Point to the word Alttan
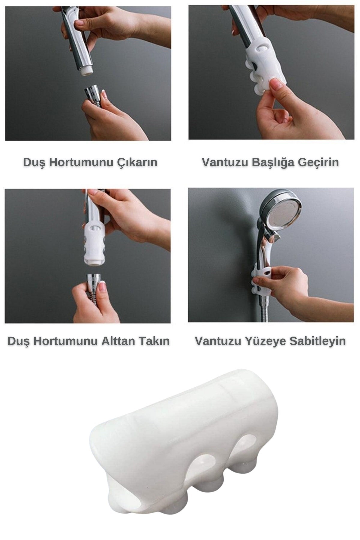coord(118,341)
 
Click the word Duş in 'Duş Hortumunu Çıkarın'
coord(34,163)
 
